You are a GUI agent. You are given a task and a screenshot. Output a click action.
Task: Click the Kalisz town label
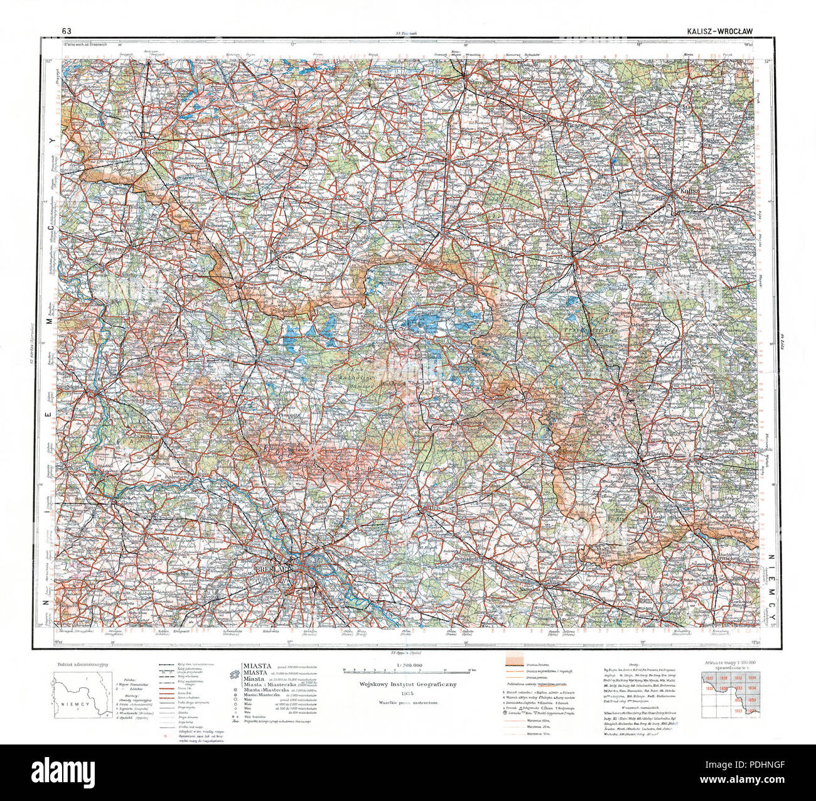point(689,191)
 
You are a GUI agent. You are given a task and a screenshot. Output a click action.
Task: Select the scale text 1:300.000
point(409,665)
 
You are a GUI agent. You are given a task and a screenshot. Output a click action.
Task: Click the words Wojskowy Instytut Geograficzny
point(409,685)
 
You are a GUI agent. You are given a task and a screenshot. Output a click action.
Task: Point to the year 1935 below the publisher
point(409,696)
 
